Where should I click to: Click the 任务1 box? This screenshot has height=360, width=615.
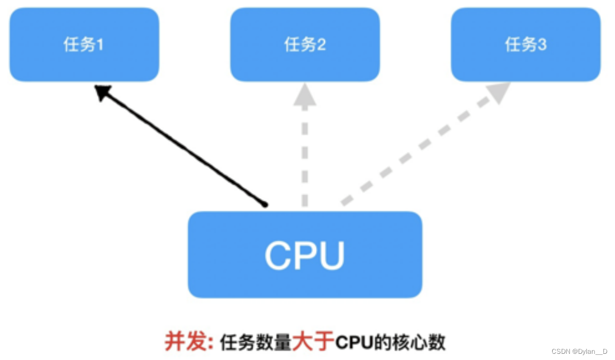[x=84, y=45]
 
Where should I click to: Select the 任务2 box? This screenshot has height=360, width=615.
[x=305, y=45]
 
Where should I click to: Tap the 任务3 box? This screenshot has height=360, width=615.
[x=525, y=45]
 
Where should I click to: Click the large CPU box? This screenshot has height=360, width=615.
[x=305, y=254]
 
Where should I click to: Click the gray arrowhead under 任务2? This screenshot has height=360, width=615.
[x=305, y=95]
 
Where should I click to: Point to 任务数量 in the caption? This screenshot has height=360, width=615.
[x=255, y=341]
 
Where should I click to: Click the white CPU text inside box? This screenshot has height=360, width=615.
[x=304, y=255]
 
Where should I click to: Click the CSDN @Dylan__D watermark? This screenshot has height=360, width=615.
[x=579, y=351]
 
